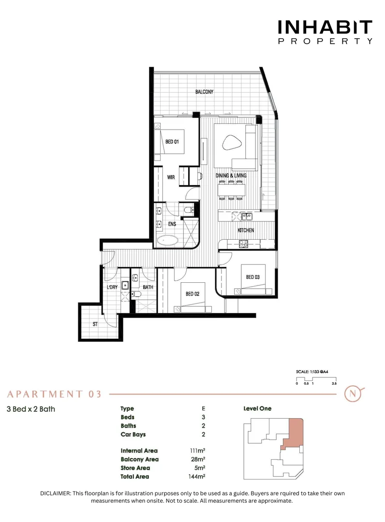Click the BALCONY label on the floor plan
pos(204,92)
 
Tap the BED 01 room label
pos(172,142)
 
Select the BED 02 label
pos(192,294)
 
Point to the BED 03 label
pos(252,277)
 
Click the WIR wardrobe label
pos(171,177)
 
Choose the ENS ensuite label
pos(172,224)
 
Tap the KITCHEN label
pos(246,230)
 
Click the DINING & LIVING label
pos(231,175)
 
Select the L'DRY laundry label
pos(112,287)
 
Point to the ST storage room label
pos(95,324)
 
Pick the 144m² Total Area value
pos(197,477)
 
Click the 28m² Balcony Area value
pos(197,459)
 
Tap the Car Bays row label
pos(133,435)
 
